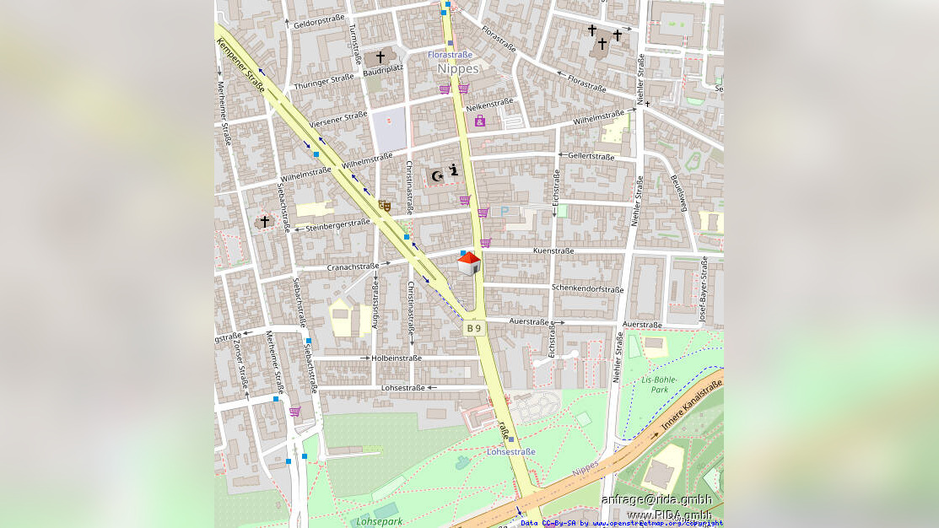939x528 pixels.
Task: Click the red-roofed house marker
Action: click(469, 263)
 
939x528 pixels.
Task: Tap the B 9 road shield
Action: click(474, 328)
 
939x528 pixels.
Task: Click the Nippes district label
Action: click(458, 68)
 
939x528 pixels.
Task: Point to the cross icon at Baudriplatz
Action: click(380, 57)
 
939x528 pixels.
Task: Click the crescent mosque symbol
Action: click(437, 175)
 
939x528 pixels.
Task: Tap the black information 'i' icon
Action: click(454, 170)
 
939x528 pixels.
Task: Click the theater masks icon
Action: click(385, 205)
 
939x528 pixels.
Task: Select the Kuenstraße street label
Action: click(553, 251)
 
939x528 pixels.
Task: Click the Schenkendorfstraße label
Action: click(587, 288)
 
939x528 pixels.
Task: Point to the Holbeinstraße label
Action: click(397, 358)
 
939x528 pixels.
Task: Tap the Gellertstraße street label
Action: click(591, 156)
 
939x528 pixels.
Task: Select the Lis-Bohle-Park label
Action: click(655, 385)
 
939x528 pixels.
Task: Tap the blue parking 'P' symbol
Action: click(505, 212)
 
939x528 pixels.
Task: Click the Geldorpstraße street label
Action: click(320, 21)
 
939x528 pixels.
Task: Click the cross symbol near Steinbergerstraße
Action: click(265, 221)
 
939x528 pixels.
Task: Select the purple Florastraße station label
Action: click(450, 54)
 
